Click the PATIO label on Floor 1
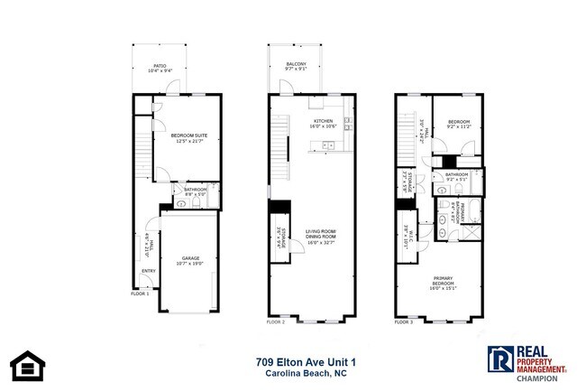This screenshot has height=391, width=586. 159,65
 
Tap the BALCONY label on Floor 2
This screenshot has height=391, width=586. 297,64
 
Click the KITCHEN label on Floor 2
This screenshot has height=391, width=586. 323,120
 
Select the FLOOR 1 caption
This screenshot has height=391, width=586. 140,293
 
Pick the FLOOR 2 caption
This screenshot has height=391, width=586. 276,321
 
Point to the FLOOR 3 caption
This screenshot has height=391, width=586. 404,321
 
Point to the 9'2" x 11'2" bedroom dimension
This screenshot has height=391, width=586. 460,127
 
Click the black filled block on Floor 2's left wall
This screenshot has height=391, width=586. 279,207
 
